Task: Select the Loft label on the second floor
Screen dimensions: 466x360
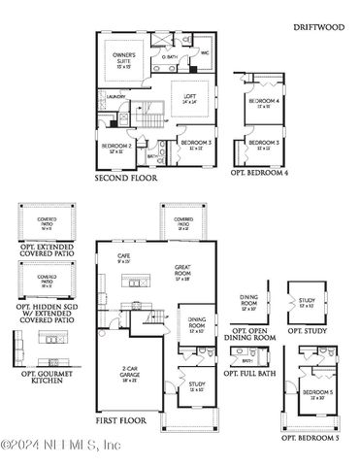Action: click(x=189, y=97)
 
